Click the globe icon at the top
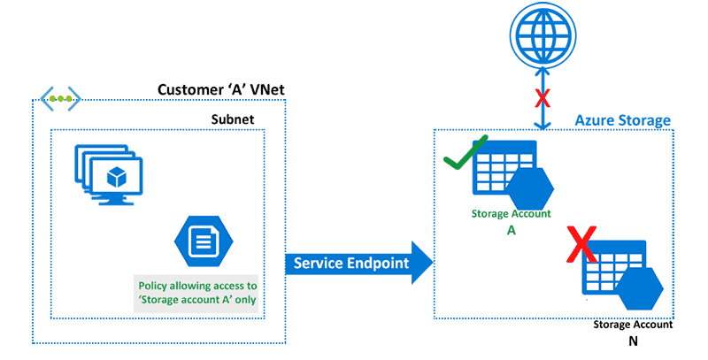(x=543, y=35)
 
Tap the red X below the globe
(x=543, y=95)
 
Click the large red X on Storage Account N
(x=581, y=245)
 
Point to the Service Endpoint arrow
(x=358, y=264)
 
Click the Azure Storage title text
(x=622, y=120)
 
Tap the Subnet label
(x=236, y=120)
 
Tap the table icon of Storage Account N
(x=612, y=272)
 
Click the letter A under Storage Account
(x=511, y=229)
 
